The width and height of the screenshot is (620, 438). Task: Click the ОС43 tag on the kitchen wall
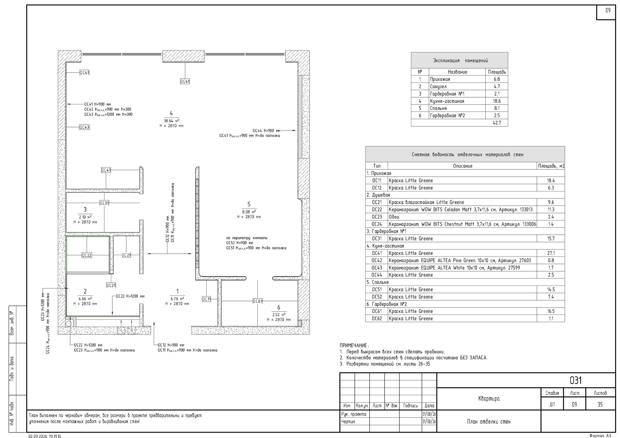coord(84,127)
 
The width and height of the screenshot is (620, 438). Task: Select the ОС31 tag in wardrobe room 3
coord(104,203)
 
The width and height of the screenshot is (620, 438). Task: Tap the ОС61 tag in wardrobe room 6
coord(257,301)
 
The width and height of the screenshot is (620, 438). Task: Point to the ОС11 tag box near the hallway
coord(206,299)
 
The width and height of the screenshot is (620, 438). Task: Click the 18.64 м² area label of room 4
coord(171,121)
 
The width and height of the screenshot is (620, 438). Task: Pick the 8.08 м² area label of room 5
coord(249,212)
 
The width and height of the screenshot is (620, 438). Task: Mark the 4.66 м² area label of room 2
coord(85,299)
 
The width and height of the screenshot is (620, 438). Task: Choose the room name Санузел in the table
coord(438,87)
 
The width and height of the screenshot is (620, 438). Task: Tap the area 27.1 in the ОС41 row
coord(551,253)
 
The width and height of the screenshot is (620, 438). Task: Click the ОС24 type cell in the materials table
coord(377,224)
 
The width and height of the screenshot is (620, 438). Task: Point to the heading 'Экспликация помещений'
coord(460,60)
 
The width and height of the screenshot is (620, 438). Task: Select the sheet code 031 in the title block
coord(575,380)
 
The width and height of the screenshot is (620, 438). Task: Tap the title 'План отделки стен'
coord(489,422)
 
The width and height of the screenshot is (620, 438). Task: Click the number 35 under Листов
coord(600,404)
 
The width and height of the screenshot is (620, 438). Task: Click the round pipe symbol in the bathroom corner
coord(69,324)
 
